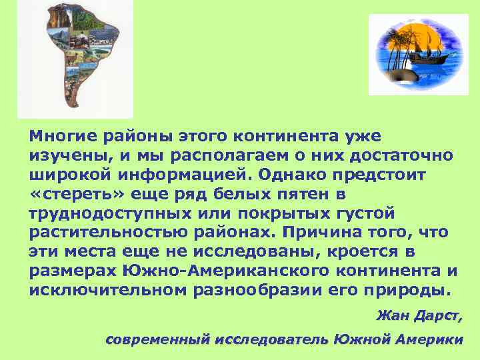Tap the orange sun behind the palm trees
(x=405, y=40)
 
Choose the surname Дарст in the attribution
(x=439, y=315)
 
